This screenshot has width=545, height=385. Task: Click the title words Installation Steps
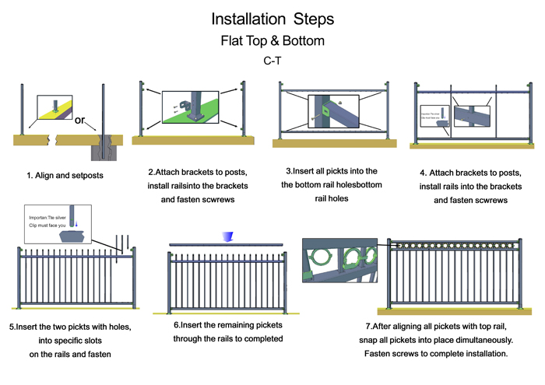pyautogui.click(x=272, y=16)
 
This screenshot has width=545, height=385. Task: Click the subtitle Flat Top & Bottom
pyautogui.click(x=272, y=39)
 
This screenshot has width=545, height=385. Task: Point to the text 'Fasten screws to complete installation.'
pyautogui.click(x=436, y=355)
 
